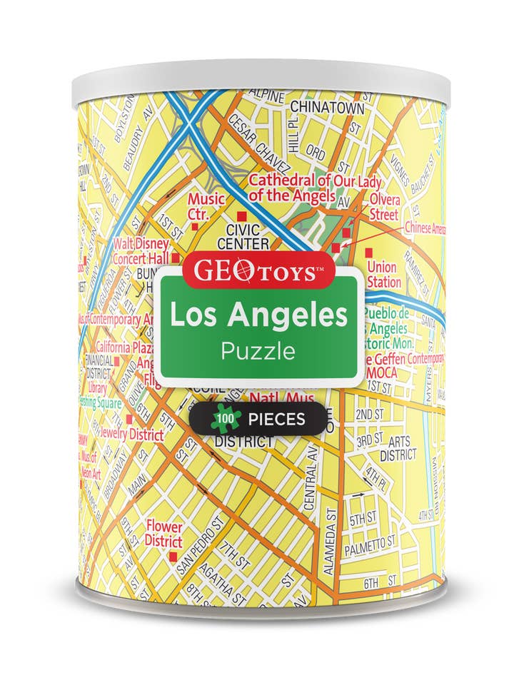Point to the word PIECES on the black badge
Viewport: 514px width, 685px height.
(x=277, y=419)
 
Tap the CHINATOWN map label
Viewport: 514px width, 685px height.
(x=326, y=108)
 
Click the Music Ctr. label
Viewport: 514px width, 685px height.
(x=206, y=205)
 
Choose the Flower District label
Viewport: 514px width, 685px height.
(x=163, y=533)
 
